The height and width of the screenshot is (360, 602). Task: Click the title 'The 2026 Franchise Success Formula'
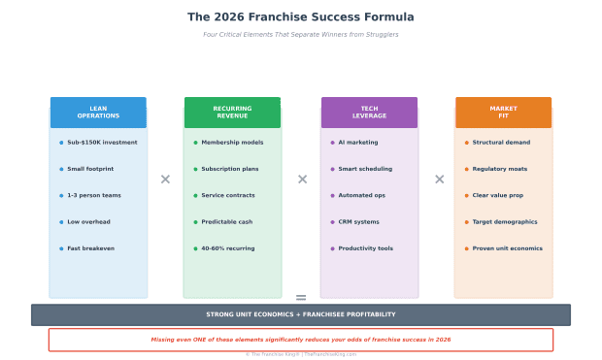click(x=300, y=17)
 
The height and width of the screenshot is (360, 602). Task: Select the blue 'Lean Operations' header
click(x=98, y=113)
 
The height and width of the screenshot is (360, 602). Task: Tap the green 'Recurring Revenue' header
click(x=232, y=113)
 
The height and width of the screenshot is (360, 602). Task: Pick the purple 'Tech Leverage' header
click(x=369, y=113)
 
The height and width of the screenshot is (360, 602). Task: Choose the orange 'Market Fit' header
click(x=503, y=113)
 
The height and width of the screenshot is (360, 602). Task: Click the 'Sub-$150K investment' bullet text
click(x=102, y=143)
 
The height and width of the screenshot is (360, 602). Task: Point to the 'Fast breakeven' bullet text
click(x=90, y=248)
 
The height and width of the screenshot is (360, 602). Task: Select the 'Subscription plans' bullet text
click(x=229, y=169)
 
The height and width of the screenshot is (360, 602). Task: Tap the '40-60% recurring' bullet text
click(x=227, y=248)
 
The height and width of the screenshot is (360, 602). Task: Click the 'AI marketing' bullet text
click(x=358, y=143)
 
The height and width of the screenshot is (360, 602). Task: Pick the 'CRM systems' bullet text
click(x=358, y=222)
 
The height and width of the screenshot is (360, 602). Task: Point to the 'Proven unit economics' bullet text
click(x=507, y=248)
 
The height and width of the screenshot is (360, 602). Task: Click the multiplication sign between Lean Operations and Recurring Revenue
click(x=165, y=180)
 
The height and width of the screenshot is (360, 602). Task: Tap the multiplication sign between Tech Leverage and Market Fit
click(x=439, y=180)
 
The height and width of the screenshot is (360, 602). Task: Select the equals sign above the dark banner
click(x=301, y=298)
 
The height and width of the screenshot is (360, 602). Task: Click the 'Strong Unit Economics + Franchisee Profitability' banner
click(x=300, y=314)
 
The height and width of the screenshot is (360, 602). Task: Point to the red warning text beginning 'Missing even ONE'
click(x=300, y=340)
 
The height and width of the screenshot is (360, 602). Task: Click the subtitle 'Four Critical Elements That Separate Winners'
click(x=300, y=35)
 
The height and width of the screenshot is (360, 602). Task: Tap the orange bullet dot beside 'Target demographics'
click(x=466, y=222)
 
